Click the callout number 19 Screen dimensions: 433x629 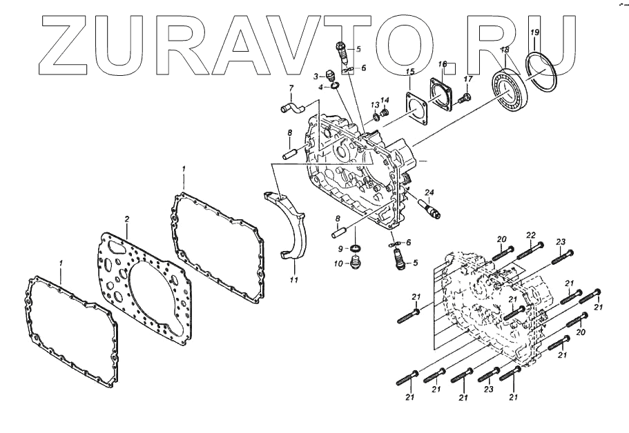click(x=534, y=33)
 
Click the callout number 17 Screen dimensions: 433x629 click(x=468, y=79)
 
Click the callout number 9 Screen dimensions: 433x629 click(x=341, y=248)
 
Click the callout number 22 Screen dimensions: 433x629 click(x=532, y=235)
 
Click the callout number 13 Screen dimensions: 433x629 click(x=375, y=105)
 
